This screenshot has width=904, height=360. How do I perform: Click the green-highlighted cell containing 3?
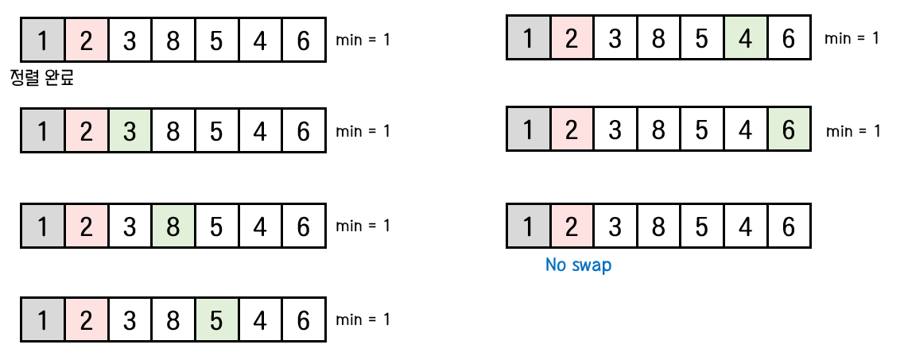[x=130, y=131]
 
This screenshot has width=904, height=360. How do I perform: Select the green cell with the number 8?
[x=173, y=226]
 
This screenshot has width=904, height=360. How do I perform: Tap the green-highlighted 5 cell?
[x=216, y=320]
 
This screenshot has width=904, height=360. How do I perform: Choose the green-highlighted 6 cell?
[x=788, y=131]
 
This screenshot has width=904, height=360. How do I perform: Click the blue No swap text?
[x=578, y=265]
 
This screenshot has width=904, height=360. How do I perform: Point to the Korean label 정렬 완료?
[x=41, y=79]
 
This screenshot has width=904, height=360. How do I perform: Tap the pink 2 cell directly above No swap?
[x=571, y=227]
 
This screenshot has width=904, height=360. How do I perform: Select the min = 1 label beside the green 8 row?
[x=363, y=226]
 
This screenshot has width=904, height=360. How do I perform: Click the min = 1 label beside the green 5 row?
[x=363, y=319]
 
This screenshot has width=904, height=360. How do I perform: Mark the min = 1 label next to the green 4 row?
[x=852, y=38]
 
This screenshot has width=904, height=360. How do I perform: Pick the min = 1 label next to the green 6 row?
[x=853, y=131]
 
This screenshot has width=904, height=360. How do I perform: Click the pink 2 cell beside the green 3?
[x=87, y=131]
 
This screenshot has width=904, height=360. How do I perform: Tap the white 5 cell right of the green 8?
[x=216, y=226]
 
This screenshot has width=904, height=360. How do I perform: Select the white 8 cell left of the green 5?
[x=173, y=320]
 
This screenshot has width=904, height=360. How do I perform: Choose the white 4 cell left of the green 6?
[x=745, y=131]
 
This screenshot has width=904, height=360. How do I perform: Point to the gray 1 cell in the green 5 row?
[x=43, y=320]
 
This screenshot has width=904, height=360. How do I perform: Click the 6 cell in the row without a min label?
[x=788, y=227]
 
